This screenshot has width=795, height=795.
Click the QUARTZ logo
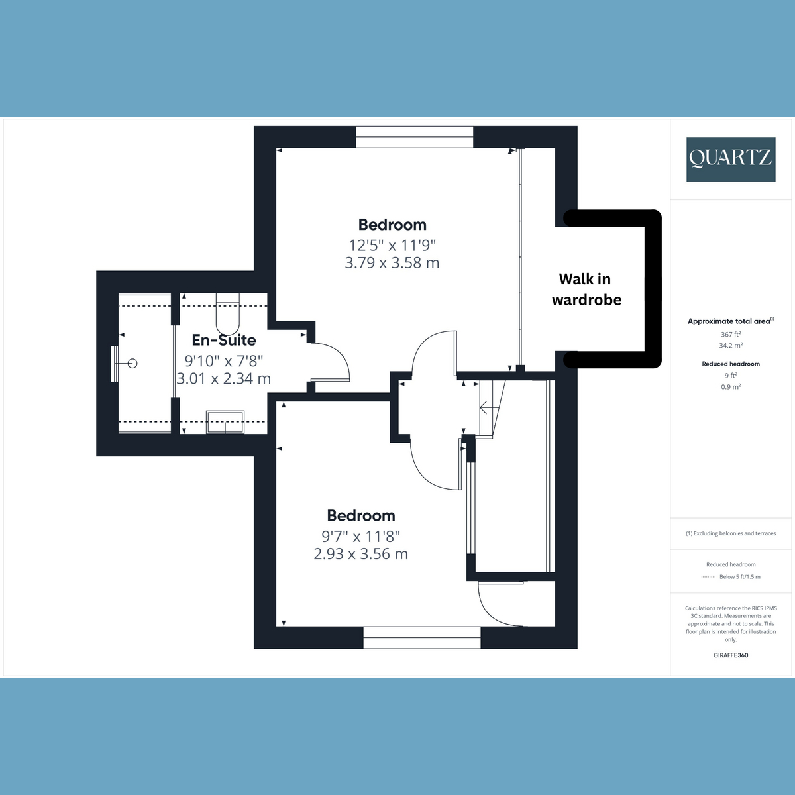[730, 159]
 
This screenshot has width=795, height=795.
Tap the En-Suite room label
[224, 340]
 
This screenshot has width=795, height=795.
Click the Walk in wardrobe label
[586, 290]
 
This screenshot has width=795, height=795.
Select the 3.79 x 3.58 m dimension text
[392, 263]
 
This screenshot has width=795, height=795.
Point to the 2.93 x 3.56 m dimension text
[360, 554]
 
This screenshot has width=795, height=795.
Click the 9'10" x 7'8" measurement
[224, 361]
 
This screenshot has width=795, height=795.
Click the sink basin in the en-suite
[225, 421]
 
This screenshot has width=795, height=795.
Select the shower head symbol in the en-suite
[132, 363]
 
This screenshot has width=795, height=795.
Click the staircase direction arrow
[484, 407]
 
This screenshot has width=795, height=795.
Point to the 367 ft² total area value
[731, 335]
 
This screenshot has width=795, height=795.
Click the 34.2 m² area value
[731, 346]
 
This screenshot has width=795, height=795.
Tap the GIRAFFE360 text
[731, 655]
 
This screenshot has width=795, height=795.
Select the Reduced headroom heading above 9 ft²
[731, 364]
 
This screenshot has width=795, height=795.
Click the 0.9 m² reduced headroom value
[731, 387]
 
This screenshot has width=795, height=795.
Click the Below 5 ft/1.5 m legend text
[739, 577]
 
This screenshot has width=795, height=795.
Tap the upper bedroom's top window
[415, 137]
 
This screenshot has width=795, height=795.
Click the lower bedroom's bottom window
[422, 637]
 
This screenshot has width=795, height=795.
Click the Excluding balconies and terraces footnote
[731, 533]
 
